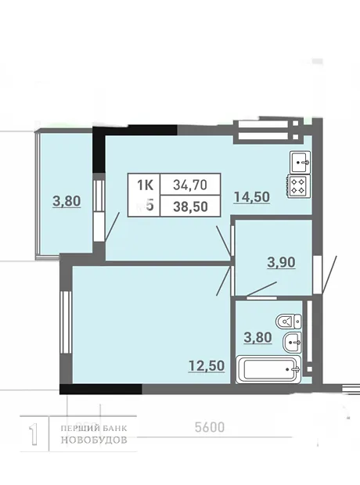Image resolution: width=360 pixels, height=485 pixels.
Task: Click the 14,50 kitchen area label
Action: click(x=252, y=196)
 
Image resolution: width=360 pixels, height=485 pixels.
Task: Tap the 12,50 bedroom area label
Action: click(x=207, y=365)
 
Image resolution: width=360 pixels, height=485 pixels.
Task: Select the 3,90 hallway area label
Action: click(x=282, y=262)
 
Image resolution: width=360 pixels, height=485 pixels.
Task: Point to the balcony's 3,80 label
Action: click(x=67, y=201)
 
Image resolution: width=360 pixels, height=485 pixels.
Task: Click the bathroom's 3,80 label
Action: click(x=257, y=337)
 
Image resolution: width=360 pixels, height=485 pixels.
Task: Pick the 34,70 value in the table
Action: click(x=190, y=185)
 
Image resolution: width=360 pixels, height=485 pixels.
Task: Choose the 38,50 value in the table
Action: click(x=190, y=207)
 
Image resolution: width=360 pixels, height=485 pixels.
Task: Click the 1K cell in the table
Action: click(x=145, y=185)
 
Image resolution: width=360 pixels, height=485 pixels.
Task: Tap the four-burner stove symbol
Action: click(x=299, y=186)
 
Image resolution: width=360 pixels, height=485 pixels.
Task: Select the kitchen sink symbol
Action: click(x=300, y=162)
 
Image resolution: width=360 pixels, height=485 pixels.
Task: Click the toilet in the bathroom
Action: click(x=289, y=322)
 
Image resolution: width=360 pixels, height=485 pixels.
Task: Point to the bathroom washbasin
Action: click(x=292, y=342)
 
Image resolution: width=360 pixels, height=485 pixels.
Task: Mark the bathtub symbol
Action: click(x=268, y=369)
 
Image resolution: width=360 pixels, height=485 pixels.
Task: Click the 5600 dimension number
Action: click(x=210, y=427)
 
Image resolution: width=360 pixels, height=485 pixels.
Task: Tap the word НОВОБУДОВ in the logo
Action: click(x=94, y=440)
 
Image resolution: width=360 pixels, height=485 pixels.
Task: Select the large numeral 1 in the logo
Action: click(x=34, y=435)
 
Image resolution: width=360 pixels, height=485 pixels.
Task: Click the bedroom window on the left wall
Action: click(x=66, y=322)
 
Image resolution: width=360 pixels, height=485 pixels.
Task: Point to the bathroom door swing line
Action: click(x=262, y=289)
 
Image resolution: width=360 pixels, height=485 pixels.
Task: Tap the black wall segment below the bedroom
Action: click(x=101, y=389)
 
